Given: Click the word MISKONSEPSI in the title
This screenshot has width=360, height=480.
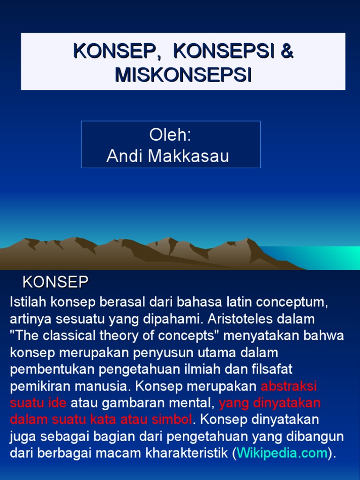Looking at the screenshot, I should click(183, 75).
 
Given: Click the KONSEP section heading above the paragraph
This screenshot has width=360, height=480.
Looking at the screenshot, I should click(56, 282).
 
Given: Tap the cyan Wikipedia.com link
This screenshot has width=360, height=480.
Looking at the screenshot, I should click(283, 453).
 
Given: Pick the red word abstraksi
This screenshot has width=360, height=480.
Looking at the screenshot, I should click(289, 386).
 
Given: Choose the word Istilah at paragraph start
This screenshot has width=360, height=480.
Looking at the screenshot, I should click(27, 302).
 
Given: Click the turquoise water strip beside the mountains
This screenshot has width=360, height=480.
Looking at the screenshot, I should click(323, 258).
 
